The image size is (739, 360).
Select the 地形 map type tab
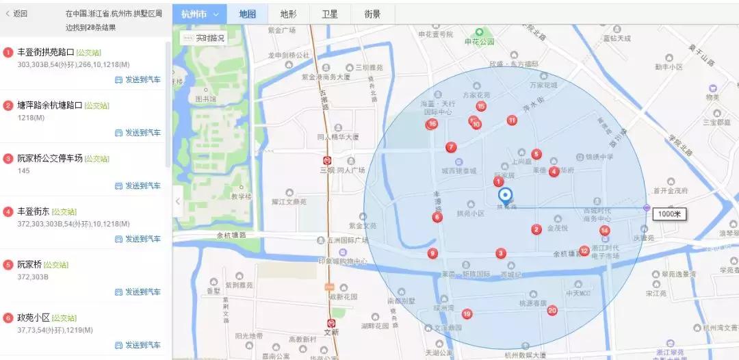288,14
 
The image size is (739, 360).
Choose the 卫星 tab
329,14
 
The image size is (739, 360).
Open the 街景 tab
372,14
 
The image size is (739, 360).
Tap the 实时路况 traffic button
203,38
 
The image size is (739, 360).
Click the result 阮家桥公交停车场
49,158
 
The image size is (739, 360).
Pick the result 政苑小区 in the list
34,318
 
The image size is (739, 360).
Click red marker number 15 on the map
481,106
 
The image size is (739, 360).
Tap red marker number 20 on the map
552,310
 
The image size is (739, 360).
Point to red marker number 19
467,313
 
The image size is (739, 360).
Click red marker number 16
432,124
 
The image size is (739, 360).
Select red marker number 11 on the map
512,120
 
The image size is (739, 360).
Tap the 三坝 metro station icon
329,160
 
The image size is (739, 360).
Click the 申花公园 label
479,42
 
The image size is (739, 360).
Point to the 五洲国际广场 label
348,240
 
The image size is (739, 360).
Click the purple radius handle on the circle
647,207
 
